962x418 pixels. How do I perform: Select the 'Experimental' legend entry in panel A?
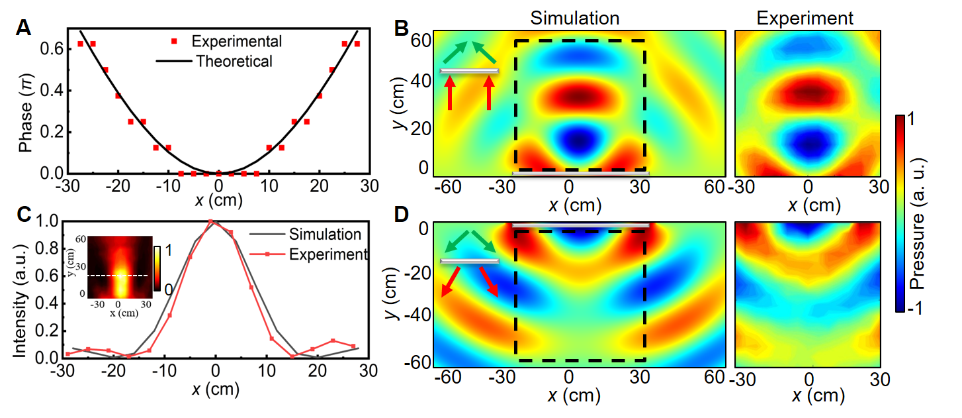pyautogui.click(x=236, y=42)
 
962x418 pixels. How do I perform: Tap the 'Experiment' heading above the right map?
pyautogui.click(x=805, y=19)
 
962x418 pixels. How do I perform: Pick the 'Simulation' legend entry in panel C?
pyautogui.click(x=325, y=234)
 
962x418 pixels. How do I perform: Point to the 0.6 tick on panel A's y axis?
pyautogui.click(x=55, y=48)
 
